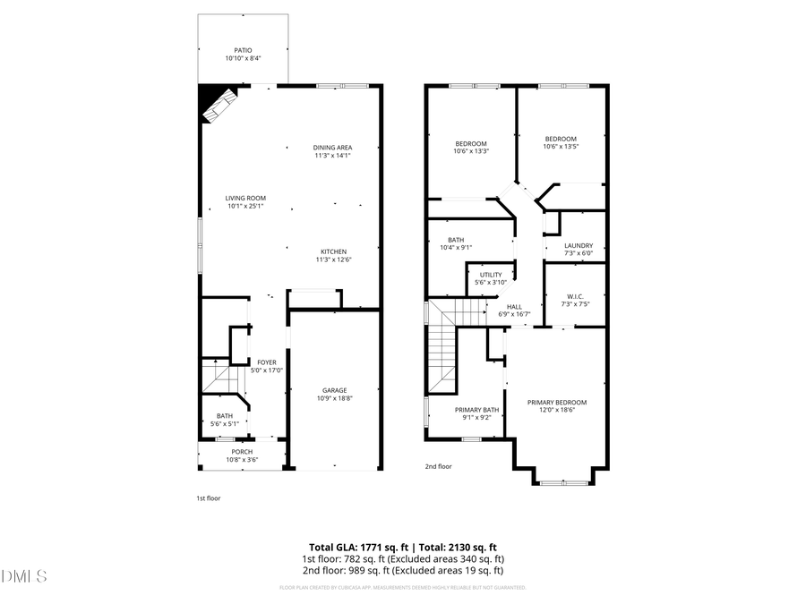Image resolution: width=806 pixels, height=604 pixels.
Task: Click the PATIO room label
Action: click(x=243, y=51)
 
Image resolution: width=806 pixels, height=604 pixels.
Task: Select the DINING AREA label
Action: click(x=332, y=148)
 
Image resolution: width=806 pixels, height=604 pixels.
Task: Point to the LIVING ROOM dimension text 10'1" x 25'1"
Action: click(x=245, y=207)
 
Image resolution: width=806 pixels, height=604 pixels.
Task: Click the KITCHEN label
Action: click(x=332, y=251)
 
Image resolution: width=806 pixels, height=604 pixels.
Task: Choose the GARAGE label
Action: click(x=335, y=390)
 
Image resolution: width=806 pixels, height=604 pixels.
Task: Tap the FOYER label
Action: click(x=267, y=362)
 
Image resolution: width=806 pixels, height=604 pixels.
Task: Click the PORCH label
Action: click(x=242, y=452)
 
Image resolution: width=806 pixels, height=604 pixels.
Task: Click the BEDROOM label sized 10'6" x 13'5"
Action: click(x=561, y=139)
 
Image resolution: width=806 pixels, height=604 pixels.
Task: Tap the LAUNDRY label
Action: click(x=579, y=246)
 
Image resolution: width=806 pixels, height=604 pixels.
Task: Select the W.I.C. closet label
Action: click(x=575, y=296)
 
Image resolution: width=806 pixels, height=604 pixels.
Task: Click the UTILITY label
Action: click(x=491, y=275)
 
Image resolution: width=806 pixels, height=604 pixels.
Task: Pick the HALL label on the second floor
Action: click(x=514, y=307)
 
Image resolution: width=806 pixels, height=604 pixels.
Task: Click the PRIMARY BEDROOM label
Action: click(x=556, y=403)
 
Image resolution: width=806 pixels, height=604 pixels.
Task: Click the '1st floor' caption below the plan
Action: click(x=208, y=498)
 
